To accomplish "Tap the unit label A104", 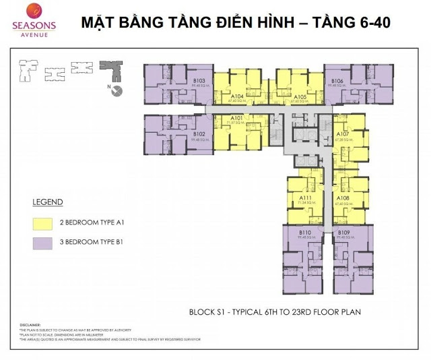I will (236, 96).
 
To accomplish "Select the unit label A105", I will (300, 96).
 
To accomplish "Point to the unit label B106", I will (337, 81).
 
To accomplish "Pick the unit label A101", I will (236, 119).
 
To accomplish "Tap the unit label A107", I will (343, 134).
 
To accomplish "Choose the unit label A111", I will (305, 198).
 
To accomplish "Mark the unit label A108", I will (343, 198).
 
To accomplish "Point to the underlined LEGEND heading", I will (47, 202).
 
